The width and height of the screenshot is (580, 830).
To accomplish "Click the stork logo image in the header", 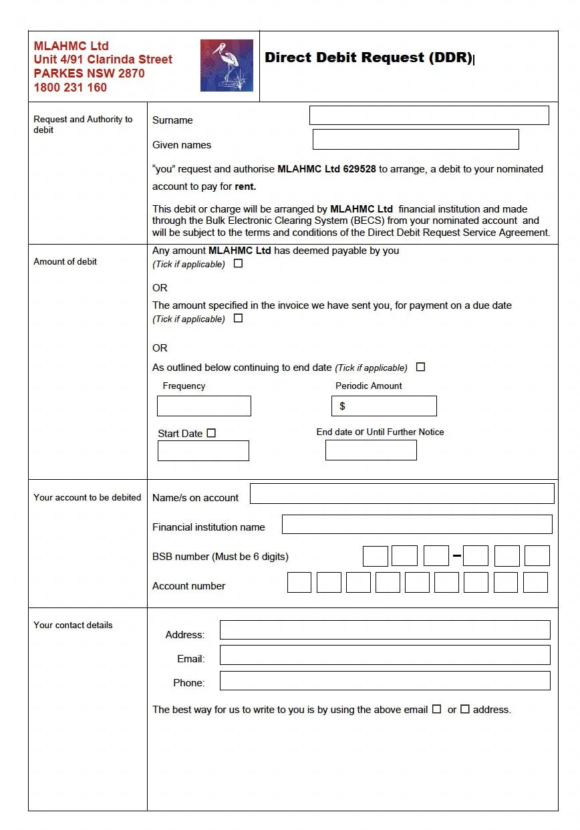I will point(227,65).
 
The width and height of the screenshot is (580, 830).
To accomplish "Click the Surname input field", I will point(429,115).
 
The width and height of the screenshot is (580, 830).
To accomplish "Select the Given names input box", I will point(416,139).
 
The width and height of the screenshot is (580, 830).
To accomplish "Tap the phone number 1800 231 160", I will point(70,88).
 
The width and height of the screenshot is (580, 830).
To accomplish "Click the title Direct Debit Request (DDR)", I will point(368,57).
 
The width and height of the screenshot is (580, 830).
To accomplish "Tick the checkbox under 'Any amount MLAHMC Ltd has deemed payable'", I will point(238,263).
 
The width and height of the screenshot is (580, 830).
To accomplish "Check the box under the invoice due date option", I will point(238,318).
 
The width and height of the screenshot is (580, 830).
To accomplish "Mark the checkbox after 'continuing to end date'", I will point(420,367).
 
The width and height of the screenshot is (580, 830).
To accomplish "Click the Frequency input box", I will point(204,406).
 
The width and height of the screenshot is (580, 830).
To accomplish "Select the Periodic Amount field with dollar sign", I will point(384,406).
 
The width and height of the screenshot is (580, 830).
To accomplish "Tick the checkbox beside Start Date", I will point(211,433).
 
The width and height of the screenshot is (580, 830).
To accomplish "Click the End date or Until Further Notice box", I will point(371,450).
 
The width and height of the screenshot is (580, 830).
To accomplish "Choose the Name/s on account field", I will point(402,494).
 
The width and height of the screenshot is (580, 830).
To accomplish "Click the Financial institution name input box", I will point(417,525).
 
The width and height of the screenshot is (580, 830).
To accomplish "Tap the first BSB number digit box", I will point(376,556).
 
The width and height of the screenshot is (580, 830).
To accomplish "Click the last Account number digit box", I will point(535,582).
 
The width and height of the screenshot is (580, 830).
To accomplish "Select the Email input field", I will point(385,655).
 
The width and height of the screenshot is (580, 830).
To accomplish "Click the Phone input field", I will point(385,680).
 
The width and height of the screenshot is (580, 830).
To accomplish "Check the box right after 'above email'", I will point(436,709).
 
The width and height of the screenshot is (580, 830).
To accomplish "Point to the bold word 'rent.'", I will point(245,187).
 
